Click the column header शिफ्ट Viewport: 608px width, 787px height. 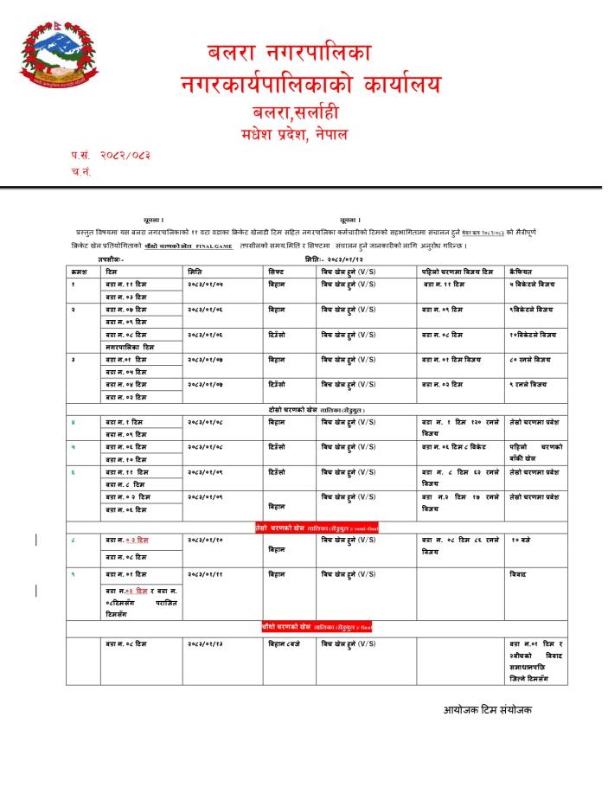pos(277,272)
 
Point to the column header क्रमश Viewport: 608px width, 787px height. pos(79,272)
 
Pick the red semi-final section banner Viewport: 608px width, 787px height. pos(317,528)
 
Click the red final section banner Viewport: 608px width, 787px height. pos(317,626)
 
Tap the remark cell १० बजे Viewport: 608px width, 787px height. pos(521,540)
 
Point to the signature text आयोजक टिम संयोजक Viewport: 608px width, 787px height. pos(488,710)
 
